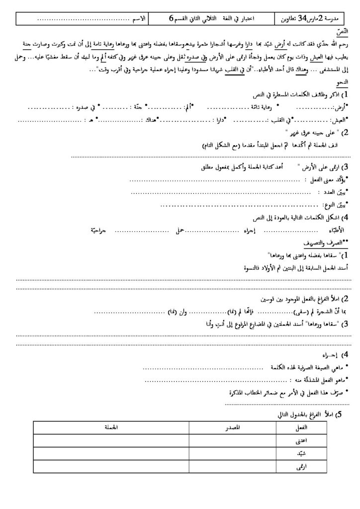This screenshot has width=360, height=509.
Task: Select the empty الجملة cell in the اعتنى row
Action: tap(107, 440)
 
